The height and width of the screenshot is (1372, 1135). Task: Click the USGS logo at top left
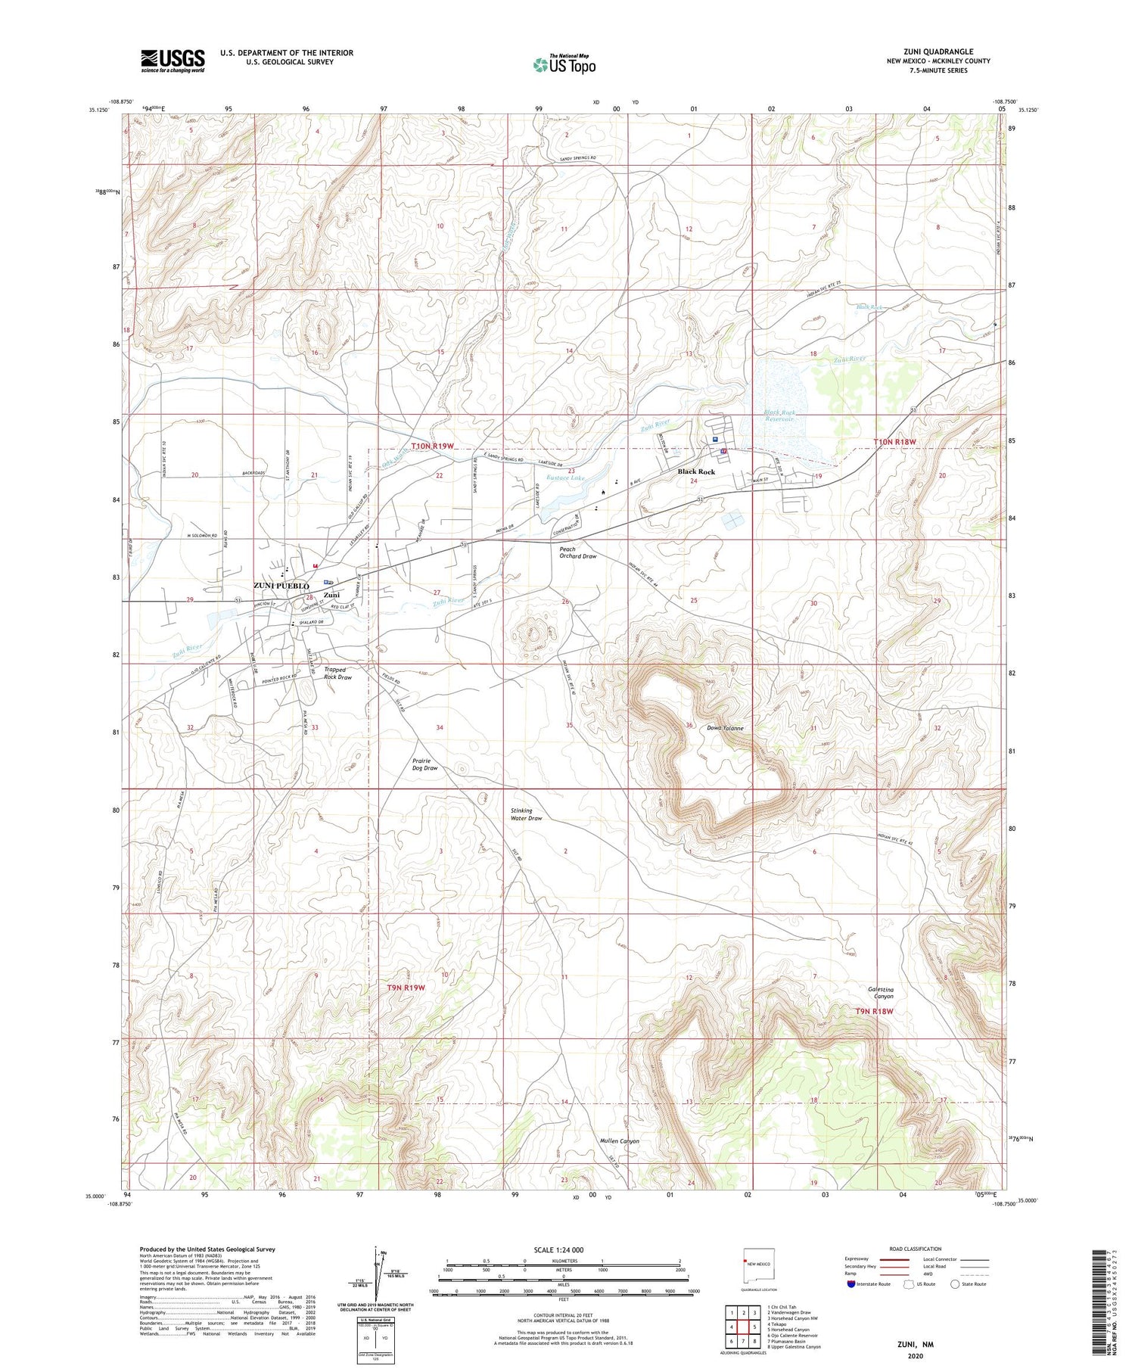point(173,61)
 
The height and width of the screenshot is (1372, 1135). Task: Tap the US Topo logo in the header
point(564,64)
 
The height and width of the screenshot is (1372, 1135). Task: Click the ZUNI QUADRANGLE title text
point(938,51)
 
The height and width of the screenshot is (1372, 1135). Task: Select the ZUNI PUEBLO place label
point(281,586)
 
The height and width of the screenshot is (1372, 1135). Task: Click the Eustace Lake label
point(567,478)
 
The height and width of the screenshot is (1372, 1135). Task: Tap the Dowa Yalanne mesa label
point(724,728)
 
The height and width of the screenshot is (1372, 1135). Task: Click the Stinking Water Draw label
point(526,814)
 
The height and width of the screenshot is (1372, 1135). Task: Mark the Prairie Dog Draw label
point(424,764)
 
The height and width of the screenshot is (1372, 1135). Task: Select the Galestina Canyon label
point(881,992)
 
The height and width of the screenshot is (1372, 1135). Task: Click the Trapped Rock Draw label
point(337,673)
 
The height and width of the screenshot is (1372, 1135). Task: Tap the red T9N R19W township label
point(406,988)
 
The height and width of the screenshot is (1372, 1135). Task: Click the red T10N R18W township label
point(894,441)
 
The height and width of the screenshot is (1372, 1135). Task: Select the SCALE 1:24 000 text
point(558,1249)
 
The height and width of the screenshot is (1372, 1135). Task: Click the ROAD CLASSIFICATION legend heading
point(915,1249)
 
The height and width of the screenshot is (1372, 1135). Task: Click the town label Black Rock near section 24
point(695,471)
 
